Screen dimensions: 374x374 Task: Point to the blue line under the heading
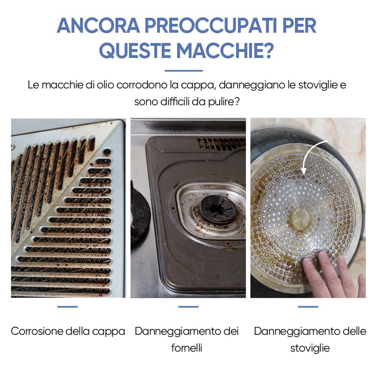(x=184, y=71)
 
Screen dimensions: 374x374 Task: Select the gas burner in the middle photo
(x=218, y=208)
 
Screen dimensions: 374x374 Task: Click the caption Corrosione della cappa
(x=68, y=331)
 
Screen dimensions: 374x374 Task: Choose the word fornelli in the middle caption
(x=187, y=348)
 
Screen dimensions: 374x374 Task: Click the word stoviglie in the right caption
(x=310, y=348)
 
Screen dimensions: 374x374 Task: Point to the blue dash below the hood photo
(x=68, y=307)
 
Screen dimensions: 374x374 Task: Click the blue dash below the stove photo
(x=188, y=307)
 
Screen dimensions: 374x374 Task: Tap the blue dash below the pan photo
(x=308, y=307)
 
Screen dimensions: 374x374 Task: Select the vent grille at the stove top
(x=221, y=144)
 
